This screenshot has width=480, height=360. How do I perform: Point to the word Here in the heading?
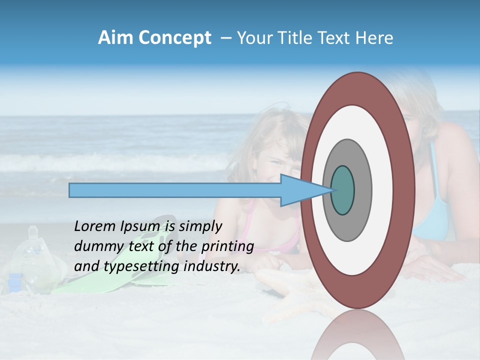pyautogui.click(x=374, y=38)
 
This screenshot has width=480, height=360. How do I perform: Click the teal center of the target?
pyautogui.click(x=342, y=190)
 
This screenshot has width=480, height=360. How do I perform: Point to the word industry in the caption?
pyautogui.click(x=212, y=266)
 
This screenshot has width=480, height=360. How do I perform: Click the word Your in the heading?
pyautogui.click(x=253, y=38)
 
